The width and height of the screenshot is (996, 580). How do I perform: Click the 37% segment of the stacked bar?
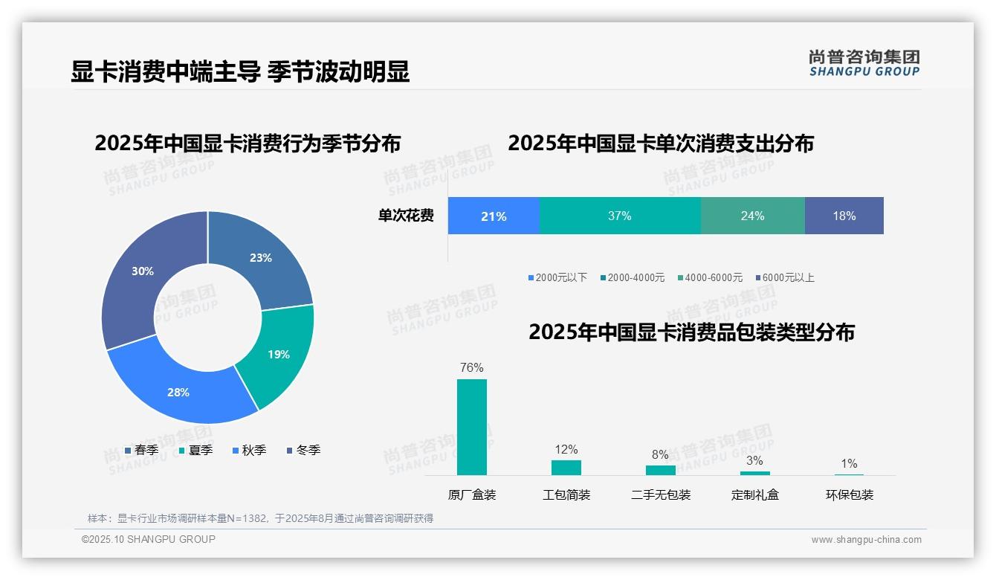(619, 216)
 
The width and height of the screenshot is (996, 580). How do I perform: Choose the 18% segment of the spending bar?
(844, 216)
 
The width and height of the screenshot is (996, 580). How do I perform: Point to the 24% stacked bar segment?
(752, 216)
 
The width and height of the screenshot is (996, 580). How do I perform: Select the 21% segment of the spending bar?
(494, 216)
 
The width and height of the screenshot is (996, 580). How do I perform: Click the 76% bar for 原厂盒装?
(472, 427)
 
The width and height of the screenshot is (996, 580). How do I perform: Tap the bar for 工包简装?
(566, 467)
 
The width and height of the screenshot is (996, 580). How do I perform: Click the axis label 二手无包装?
(661, 494)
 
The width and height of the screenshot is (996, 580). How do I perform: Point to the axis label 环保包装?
(850, 494)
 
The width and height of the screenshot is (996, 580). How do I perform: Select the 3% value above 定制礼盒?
(754, 461)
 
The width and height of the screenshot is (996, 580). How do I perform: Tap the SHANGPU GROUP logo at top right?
(864, 62)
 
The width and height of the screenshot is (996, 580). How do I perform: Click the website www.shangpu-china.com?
(866, 539)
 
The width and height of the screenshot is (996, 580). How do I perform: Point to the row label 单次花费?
(406, 216)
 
